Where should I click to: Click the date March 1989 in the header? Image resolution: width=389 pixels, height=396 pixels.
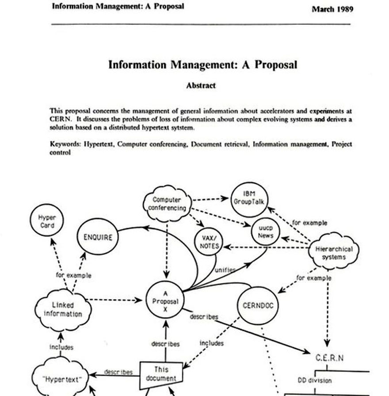click(332, 9)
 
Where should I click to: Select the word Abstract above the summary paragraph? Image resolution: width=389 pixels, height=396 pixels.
click(201, 86)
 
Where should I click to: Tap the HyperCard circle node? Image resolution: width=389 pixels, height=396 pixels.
click(47, 222)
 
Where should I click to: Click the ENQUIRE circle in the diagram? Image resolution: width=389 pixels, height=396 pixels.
click(98, 237)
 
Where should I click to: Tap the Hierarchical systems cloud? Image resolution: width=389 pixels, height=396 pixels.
click(333, 253)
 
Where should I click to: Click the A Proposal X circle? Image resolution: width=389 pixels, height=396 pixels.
click(165, 301)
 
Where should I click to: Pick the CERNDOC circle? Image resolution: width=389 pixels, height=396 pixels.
click(256, 306)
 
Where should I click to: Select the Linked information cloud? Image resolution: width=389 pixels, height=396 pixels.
click(63, 309)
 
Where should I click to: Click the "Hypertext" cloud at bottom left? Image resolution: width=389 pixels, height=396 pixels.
click(61, 379)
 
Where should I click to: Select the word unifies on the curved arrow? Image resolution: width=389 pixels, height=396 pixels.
click(225, 269)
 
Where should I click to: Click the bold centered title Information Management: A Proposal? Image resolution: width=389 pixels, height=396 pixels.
click(202, 65)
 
